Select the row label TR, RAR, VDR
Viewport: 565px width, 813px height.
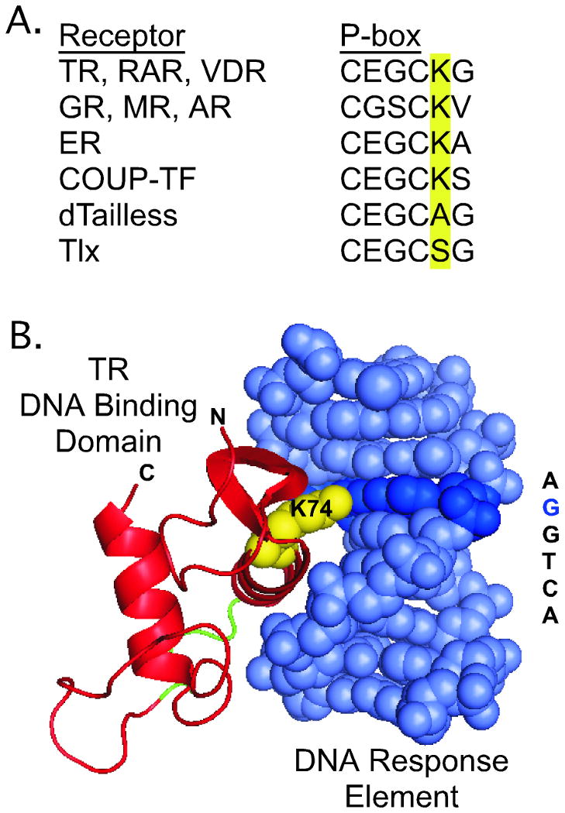tap(162, 73)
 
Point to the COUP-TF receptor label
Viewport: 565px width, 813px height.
tap(120, 180)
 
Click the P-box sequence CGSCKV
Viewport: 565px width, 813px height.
tap(406, 108)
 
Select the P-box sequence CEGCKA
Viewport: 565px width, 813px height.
tap(406, 144)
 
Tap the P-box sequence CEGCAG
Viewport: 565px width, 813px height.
tap(406, 215)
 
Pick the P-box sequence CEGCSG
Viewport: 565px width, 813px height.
tap(406, 251)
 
